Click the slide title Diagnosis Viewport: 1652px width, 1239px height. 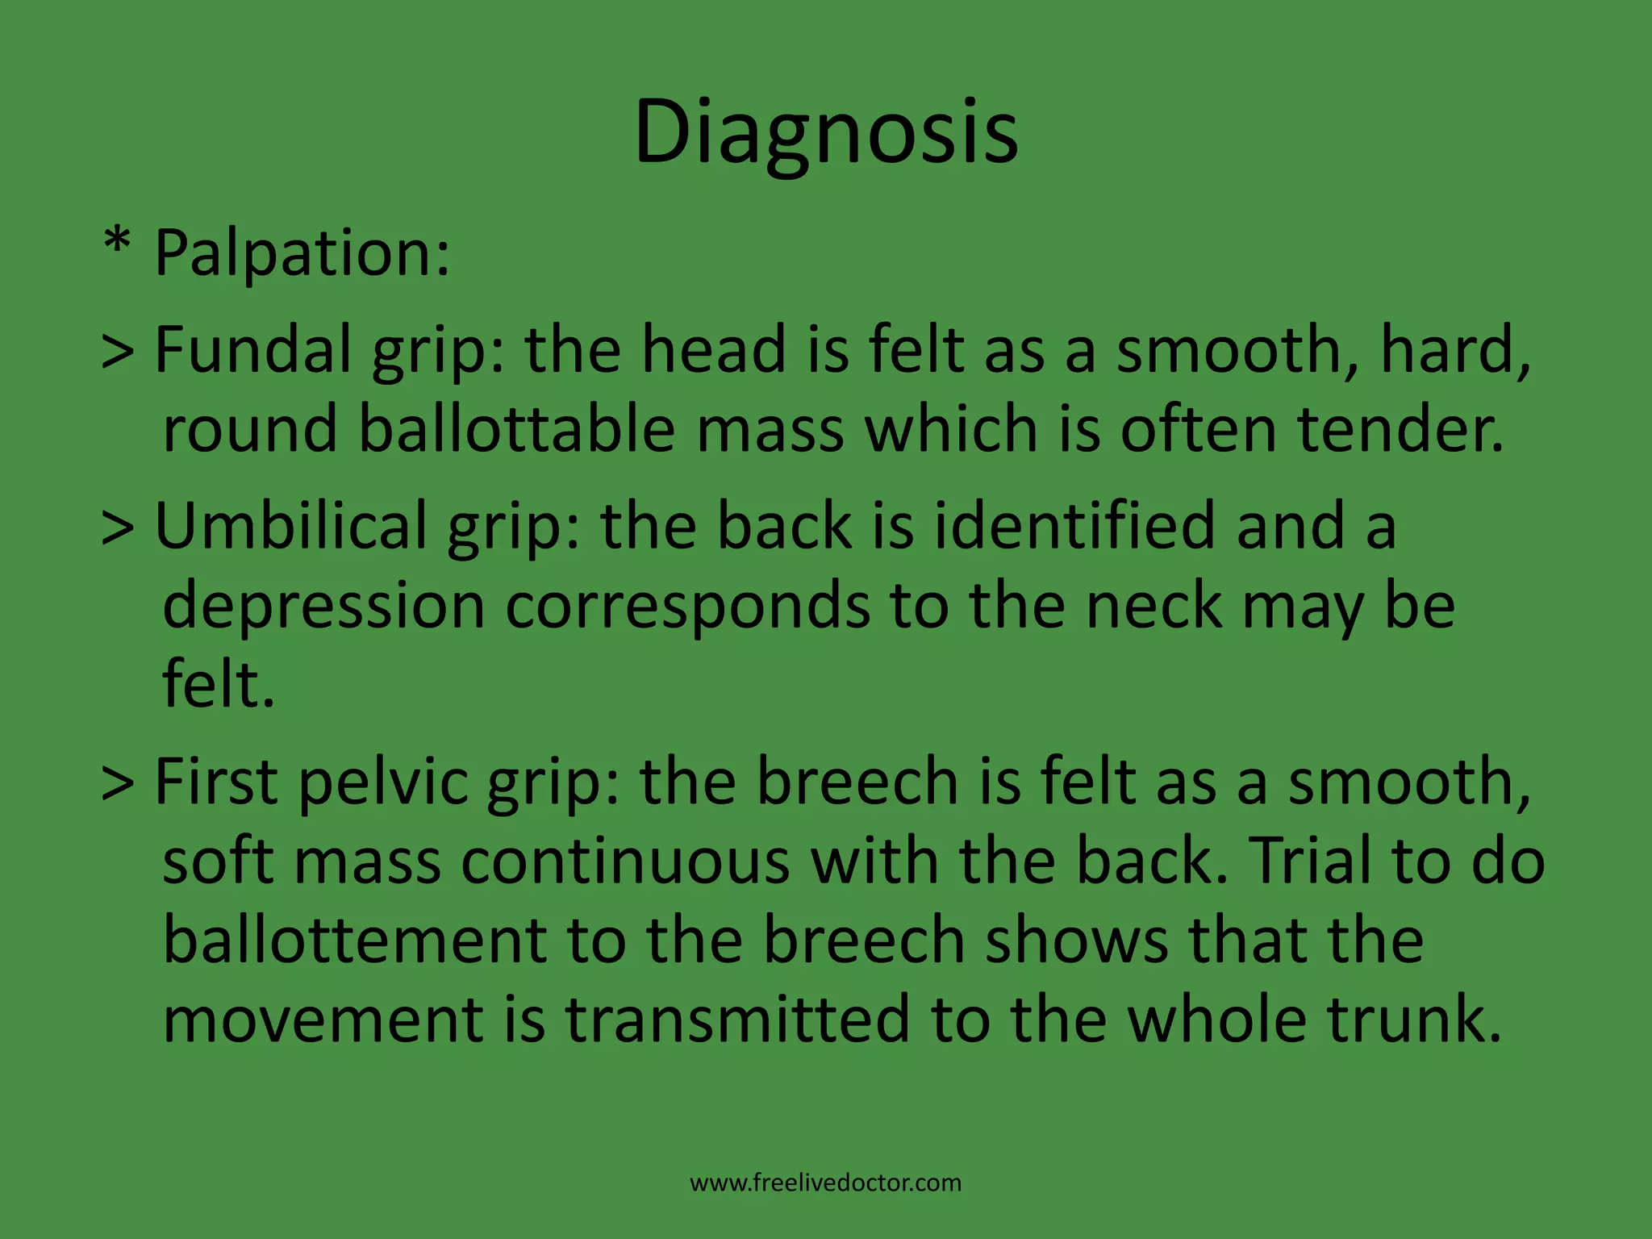[826, 133]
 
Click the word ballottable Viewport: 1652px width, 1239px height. [516, 429]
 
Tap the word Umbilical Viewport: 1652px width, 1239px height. [290, 526]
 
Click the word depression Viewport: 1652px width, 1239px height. [323, 607]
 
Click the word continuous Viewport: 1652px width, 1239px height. [625, 861]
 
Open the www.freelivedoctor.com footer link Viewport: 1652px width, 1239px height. [826, 1183]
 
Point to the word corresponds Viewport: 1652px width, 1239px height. [687, 607]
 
